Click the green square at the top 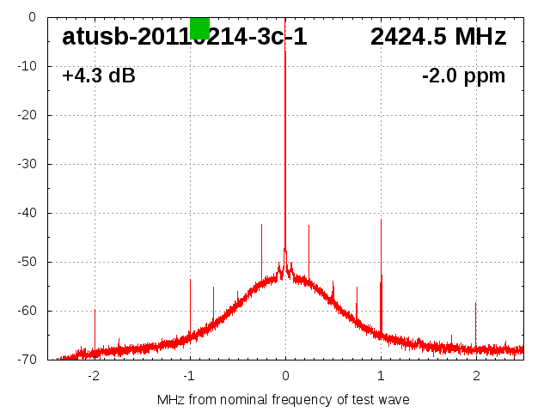(x=199, y=27)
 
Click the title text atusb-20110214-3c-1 (x=184, y=38)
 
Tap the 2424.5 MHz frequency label (x=438, y=38)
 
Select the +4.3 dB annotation (x=99, y=76)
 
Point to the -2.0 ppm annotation (x=463, y=76)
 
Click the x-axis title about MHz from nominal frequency (x=284, y=399)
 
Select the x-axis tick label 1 (x=381, y=375)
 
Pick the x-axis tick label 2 (x=476, y=375)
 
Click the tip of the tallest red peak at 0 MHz (x=285, y=51)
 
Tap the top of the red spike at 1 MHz (x=382, y=276)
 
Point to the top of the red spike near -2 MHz (x=95, y=310)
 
